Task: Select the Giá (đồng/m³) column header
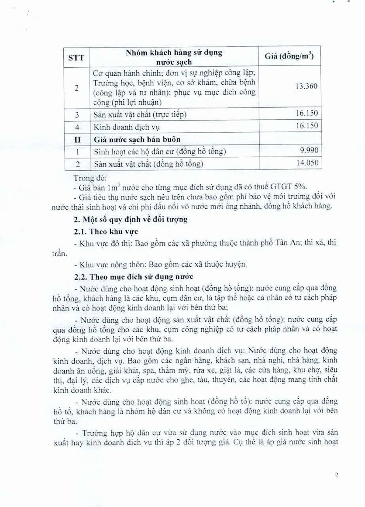[x=289, y=57]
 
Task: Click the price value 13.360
[x=306, y=86]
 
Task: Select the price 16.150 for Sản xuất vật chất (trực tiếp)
[x=307, y=114]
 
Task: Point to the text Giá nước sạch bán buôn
[x=137, y=139]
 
